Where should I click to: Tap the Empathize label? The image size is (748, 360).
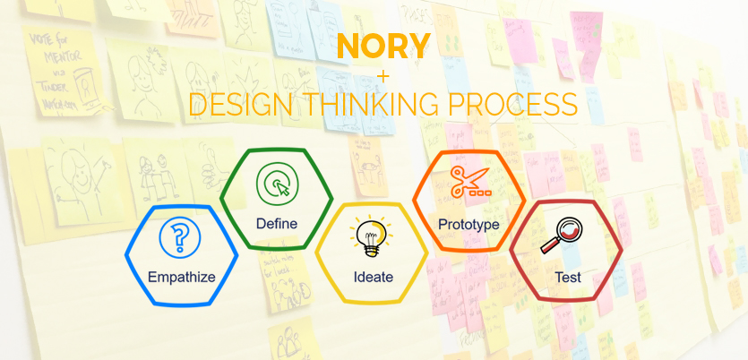(x=182, y=277)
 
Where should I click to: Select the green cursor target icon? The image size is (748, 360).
(x=276, y=184)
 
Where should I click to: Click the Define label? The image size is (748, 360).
(x=276, y=222)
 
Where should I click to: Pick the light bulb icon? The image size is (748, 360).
(x=372, y=238)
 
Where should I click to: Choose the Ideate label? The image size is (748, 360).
(x=373, y=277)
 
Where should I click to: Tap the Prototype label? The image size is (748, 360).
(x=469, y=223)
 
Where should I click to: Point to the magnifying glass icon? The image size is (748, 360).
(x=565, y=237)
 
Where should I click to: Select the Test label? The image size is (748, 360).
(x=567, y=277)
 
